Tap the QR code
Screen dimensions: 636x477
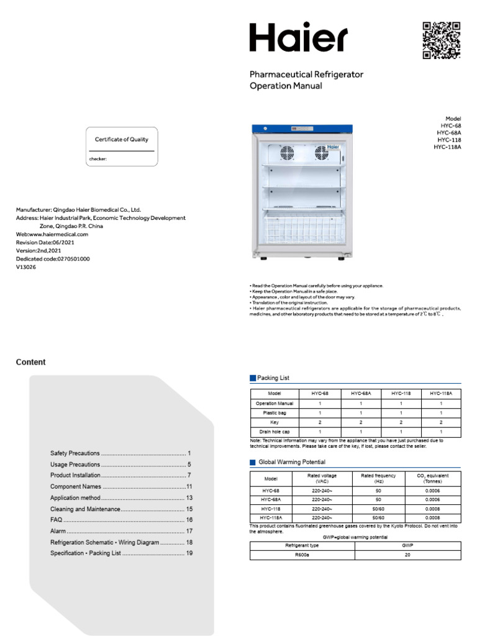442,40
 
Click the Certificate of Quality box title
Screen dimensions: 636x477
122,140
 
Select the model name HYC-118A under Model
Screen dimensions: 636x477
447,147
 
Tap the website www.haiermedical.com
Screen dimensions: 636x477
52,234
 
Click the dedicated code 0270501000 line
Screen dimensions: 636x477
53,258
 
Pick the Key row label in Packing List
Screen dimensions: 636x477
275,422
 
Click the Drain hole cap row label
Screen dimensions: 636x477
275,431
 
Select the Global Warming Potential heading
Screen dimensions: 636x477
291,462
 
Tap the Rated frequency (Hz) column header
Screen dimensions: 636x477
378,478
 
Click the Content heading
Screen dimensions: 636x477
30,362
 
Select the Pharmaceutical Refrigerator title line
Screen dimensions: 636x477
306,75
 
